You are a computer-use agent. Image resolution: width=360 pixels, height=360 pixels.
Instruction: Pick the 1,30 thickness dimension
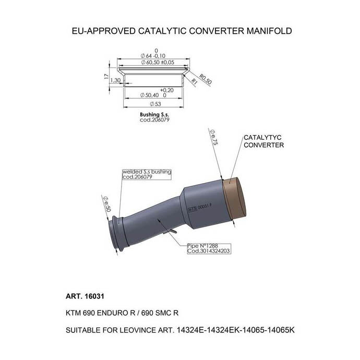[x=116, y=81]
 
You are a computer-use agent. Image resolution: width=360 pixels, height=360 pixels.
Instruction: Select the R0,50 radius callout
[x=205, y=79]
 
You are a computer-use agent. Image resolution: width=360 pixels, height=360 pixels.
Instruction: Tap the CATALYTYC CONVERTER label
[x=263, y=141]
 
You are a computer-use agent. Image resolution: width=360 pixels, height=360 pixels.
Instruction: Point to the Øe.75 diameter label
[x=213, y=136]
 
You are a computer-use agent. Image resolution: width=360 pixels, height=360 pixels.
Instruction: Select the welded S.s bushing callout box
[x=147, y=174]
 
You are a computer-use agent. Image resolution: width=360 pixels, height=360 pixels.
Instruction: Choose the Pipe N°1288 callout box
[x=209, y=248]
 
